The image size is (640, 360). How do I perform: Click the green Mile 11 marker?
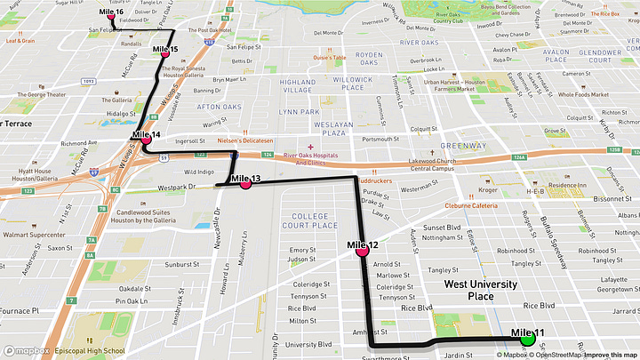[x=526, y=338]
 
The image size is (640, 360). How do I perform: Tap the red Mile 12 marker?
[x=363, y=251]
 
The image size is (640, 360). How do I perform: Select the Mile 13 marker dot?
[x=245, y=185]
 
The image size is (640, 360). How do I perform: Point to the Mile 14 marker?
[x=146, y=140]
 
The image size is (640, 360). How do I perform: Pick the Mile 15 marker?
[x=165, y=53]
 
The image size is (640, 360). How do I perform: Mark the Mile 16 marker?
[x=111, y=17]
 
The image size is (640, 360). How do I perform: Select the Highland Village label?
[x=298, y=86]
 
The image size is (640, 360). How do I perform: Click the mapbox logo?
[x=28, y=350]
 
